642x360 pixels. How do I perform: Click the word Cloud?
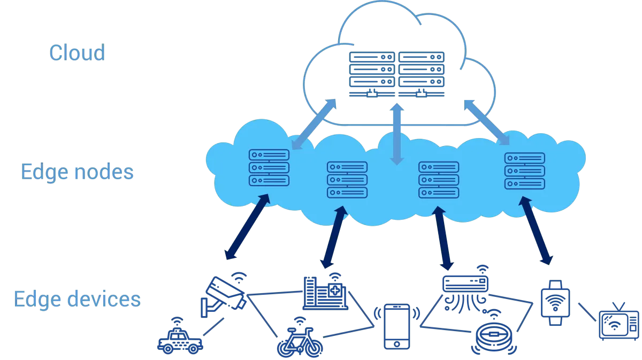(x=77, y=53)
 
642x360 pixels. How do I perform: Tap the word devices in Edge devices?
(x=104, y=299)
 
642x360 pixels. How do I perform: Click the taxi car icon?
(x=180, y=338)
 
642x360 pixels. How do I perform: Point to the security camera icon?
(x=224, y=295)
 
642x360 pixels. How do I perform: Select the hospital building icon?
(x=325, y=293)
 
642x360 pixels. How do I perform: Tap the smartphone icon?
(x=396, y=327)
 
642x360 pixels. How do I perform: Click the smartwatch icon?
(x=555, y=303)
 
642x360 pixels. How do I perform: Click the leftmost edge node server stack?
(x=269, y=167)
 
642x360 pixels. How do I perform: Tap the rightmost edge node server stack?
(x=524, y=171)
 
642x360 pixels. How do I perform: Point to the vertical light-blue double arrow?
(x=397, y=134)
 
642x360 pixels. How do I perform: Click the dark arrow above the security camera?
(x=247, y=227)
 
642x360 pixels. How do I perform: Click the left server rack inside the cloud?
(x=372, y=74)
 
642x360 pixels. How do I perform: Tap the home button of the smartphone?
(x=396, y=344)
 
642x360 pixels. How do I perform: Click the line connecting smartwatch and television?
(x=587, y=312)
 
